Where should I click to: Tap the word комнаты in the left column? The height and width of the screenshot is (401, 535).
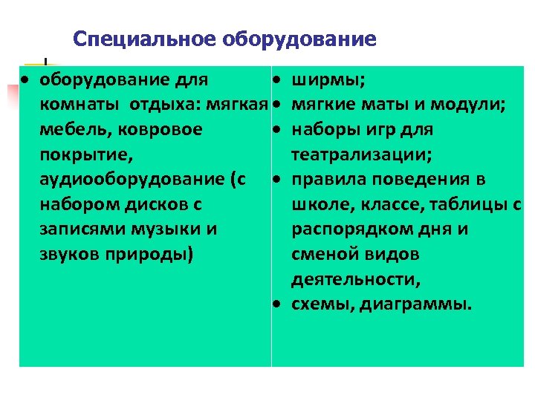pos(79,105)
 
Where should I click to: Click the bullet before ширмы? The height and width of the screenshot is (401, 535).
pos(276,79)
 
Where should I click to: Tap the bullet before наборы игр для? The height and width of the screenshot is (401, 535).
pos(276,130)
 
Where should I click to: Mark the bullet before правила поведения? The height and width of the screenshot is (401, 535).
pos(276,180)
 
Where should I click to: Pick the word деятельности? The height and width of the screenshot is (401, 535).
pos(355,279)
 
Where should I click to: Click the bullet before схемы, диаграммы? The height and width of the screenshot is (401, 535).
pos(276,304)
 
